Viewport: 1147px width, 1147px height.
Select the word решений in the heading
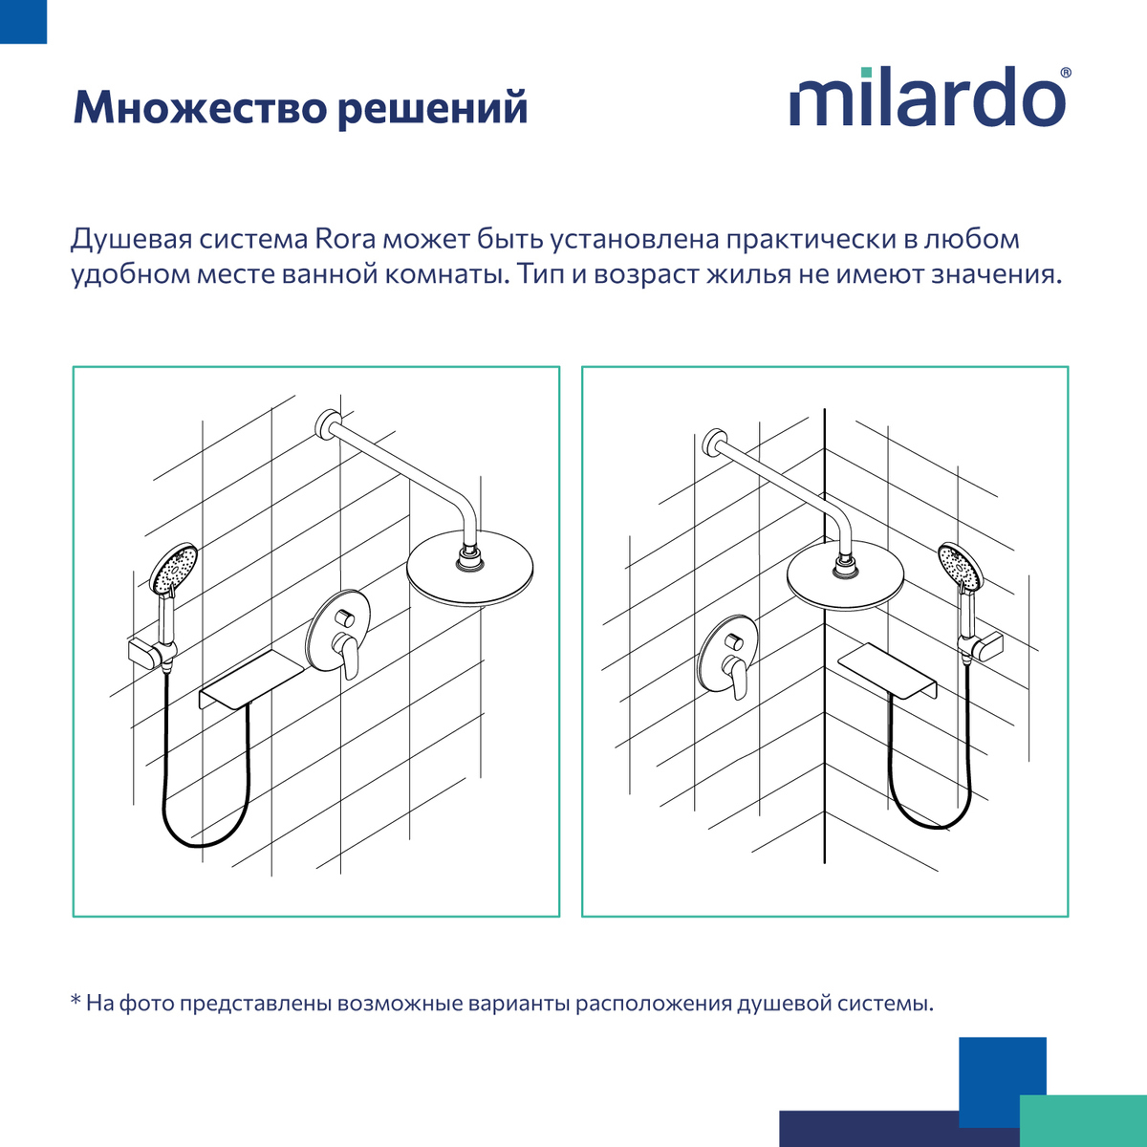(x=432, y=108)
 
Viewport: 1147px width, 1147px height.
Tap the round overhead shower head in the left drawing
(x=469, y=574)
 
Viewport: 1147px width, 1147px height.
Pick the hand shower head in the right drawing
(x=960, y=567)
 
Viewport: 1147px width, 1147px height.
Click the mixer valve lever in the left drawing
(x=349, y=658)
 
